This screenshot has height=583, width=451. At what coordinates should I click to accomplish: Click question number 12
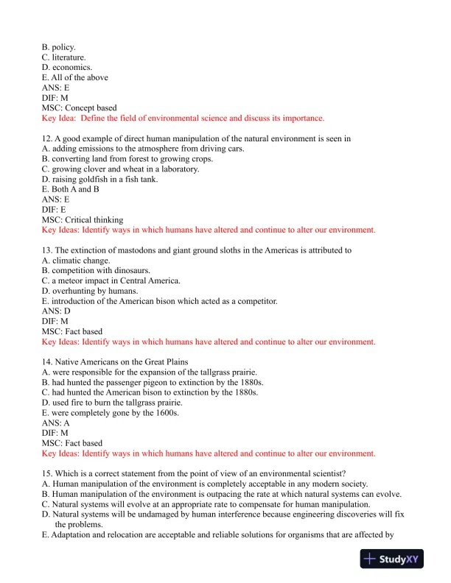tap(47, 138)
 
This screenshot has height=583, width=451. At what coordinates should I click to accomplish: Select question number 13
tap(47, 250)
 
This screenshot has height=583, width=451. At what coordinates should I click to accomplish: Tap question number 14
tap(47, 362)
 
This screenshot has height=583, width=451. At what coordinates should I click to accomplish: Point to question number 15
tap(47, 473)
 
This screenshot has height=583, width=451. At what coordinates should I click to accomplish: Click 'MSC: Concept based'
tap(79, 107)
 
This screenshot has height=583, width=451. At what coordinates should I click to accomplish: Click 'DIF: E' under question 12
tap(54, 209)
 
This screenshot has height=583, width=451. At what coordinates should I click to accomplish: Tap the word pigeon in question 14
tap(169, 382)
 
